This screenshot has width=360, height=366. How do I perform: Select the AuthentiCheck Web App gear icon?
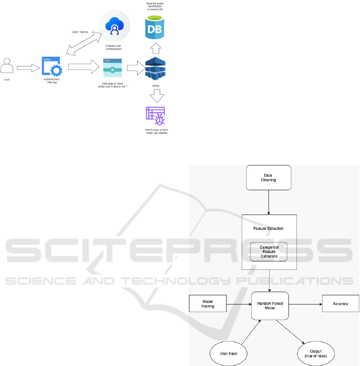pos(52,66)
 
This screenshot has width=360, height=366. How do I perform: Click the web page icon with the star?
pos(112,68)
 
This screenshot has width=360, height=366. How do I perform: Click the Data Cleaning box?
pos(269,177)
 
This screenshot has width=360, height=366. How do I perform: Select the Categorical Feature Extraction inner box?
pos(269,252)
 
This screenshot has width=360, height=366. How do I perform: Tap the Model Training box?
pos(208,304)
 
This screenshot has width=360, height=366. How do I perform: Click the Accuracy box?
pos(340,304)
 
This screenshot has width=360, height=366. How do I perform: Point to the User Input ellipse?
pos(229,353)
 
